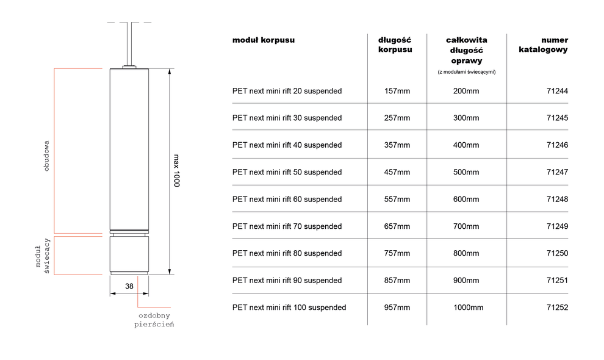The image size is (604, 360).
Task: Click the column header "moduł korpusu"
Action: (x=264, y=40)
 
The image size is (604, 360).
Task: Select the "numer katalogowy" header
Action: (x=543, y=45)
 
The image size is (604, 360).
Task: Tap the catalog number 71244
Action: (x=558, y=91)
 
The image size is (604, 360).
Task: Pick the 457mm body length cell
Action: (x=397, y=172)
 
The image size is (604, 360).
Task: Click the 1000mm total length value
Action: (x=468, y=308)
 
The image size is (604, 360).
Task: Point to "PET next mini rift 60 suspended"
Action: (x=287, y=200)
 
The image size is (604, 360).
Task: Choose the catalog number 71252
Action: (x=558, y=308)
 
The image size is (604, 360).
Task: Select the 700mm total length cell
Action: (x=466, y=226)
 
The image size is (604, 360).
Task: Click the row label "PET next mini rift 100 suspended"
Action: (x=289, y=308)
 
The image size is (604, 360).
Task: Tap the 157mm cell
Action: (x=397, y=91)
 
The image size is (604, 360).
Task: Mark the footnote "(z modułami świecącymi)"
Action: (x=467, y=71)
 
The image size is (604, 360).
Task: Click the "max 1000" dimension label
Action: (x=176, y=171)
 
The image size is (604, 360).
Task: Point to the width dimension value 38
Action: (x=129, y=286)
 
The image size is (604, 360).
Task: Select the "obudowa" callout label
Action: (x=46, y=156)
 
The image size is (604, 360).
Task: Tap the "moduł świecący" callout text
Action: (x=42, y=256)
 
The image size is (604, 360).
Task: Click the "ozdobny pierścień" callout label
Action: (x=154, y=320)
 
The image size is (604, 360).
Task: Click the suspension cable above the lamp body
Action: (x=129, y=44)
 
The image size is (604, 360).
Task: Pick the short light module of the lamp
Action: (x=129, y=254)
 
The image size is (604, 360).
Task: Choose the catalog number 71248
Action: (x=558, y=200)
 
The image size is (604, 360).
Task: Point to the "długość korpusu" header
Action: (x=395, y=45)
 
